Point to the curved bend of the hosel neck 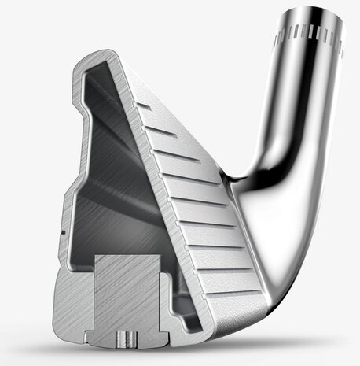click(279, 138)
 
